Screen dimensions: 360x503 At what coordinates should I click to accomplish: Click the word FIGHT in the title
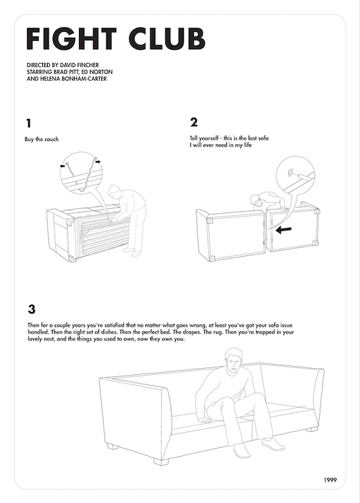coord(71,39)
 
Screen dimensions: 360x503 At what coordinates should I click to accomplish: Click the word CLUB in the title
coord(167,39)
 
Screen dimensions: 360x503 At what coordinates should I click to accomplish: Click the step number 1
coord(29,123)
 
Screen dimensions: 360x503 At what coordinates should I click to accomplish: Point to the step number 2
coord(194,122)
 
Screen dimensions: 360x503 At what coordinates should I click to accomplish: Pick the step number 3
coord(31,309)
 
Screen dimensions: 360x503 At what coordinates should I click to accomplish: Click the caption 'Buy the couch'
coord(42,139)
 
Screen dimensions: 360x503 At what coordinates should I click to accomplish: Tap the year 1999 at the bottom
coord(330,480)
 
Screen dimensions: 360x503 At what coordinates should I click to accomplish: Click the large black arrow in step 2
coord(284,230)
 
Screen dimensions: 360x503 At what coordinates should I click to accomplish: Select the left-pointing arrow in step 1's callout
coord(62,166)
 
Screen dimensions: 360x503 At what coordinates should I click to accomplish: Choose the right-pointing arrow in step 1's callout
coord(98,162)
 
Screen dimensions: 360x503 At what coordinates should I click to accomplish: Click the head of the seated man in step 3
coord(233,360)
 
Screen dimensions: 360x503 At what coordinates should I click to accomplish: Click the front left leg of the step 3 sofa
coord(161,461)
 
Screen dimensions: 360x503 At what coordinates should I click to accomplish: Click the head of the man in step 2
coord(255,200)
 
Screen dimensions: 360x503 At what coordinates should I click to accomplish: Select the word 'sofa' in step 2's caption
coord(263,138)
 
